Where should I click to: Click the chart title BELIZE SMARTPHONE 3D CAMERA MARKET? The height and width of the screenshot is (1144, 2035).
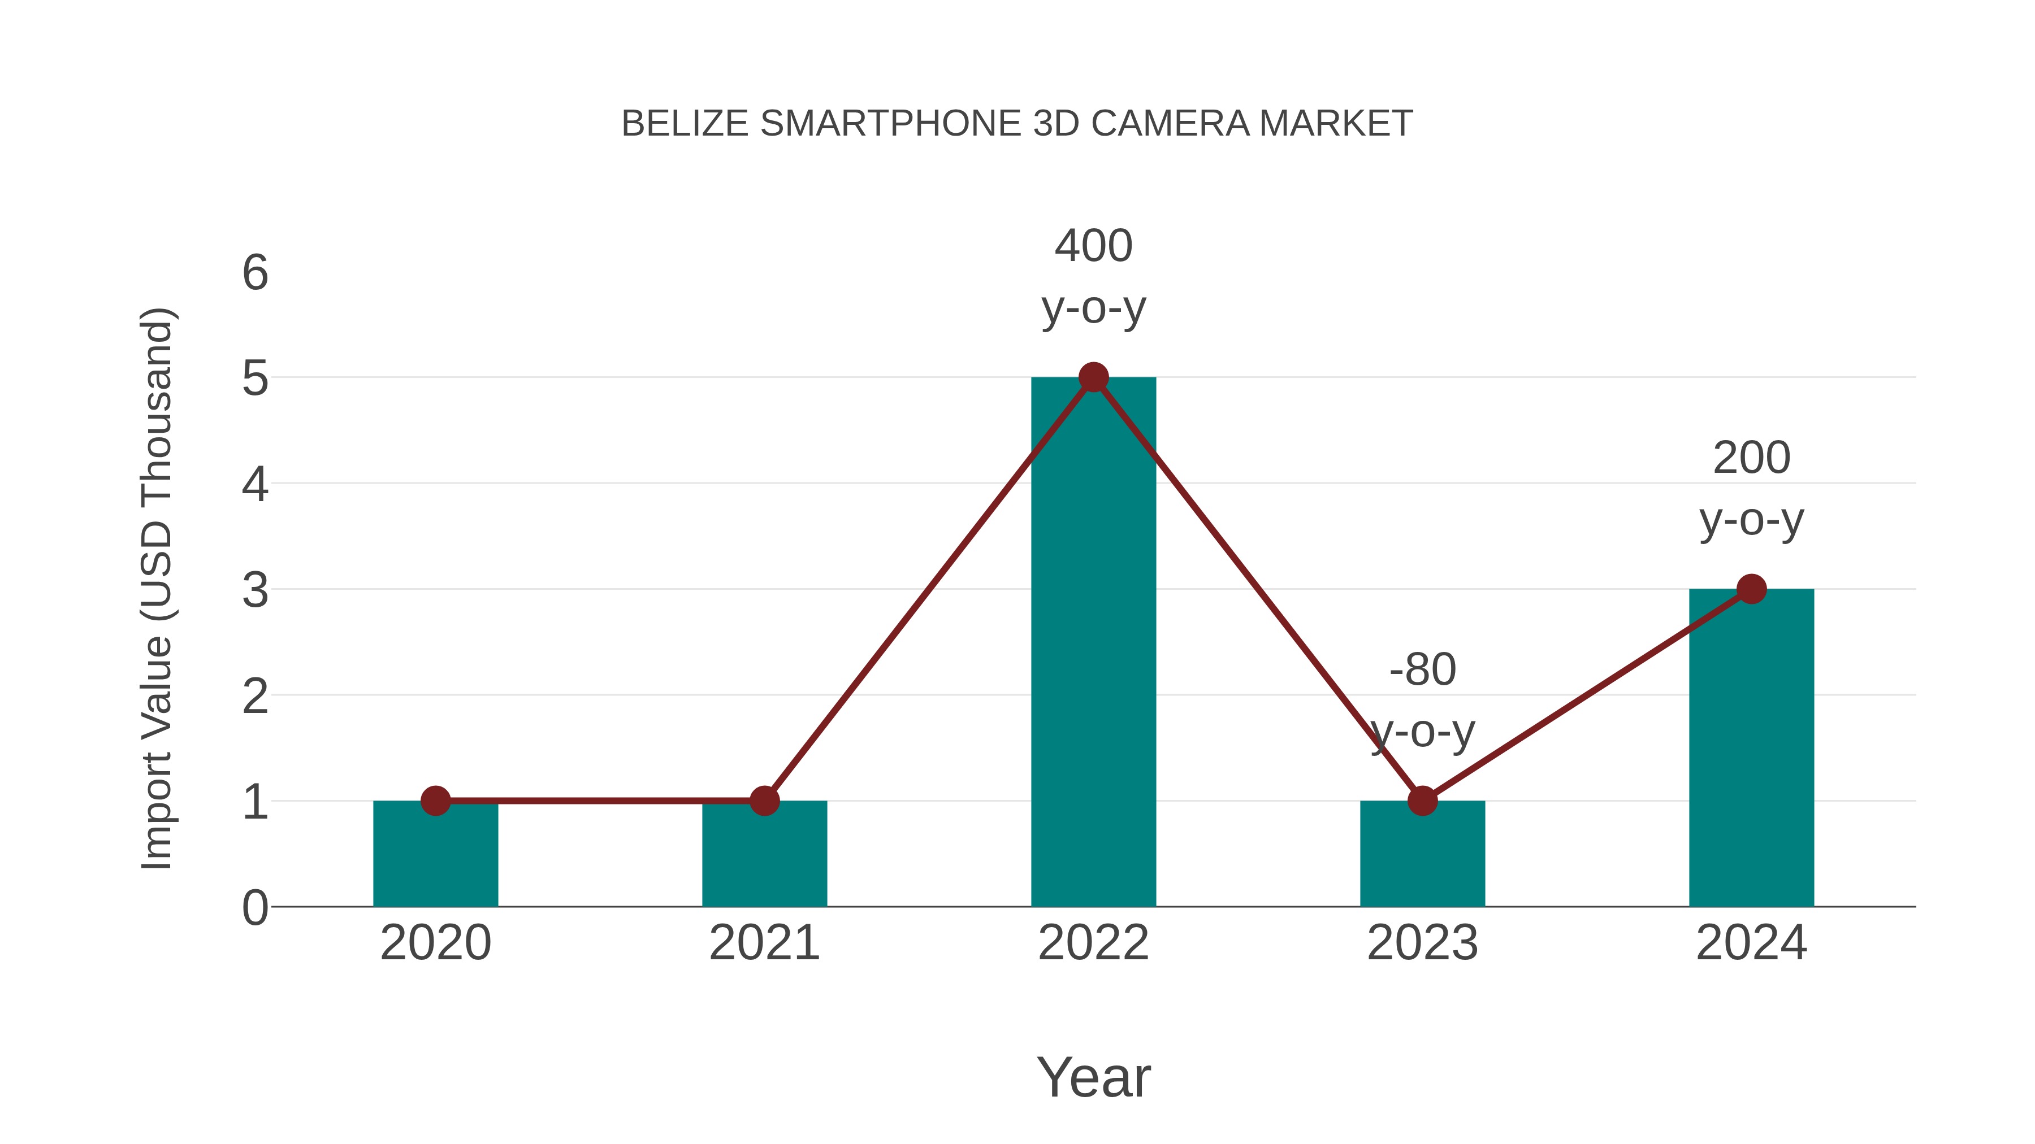pos(1017,124)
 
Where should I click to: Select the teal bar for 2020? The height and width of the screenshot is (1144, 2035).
pos(435,856)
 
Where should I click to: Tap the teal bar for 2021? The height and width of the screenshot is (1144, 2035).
pos(764,856)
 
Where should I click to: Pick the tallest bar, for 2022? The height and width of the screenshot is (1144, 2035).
pos(1093,647)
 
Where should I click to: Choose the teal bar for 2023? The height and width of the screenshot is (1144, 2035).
pos(1422,856)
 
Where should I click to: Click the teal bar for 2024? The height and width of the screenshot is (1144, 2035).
pos(1751,750)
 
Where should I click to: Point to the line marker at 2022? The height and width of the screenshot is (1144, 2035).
pos(1093,377)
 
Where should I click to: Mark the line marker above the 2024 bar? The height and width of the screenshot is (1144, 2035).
pos(1751,589)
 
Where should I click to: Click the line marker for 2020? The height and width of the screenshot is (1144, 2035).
pos(435,801)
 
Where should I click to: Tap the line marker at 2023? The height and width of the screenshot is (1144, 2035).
pos(1422,801)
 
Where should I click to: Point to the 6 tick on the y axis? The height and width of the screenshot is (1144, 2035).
pos(255,273)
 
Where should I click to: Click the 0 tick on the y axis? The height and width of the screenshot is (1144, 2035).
pos(255,907)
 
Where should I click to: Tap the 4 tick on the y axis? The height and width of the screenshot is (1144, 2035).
pos(255,484)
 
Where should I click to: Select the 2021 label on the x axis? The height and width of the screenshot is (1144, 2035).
pos(764,943)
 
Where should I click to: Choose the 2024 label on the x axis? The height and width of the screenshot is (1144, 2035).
pos(1751,943)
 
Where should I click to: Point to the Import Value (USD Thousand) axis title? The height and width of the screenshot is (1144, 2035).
pos(157,589)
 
